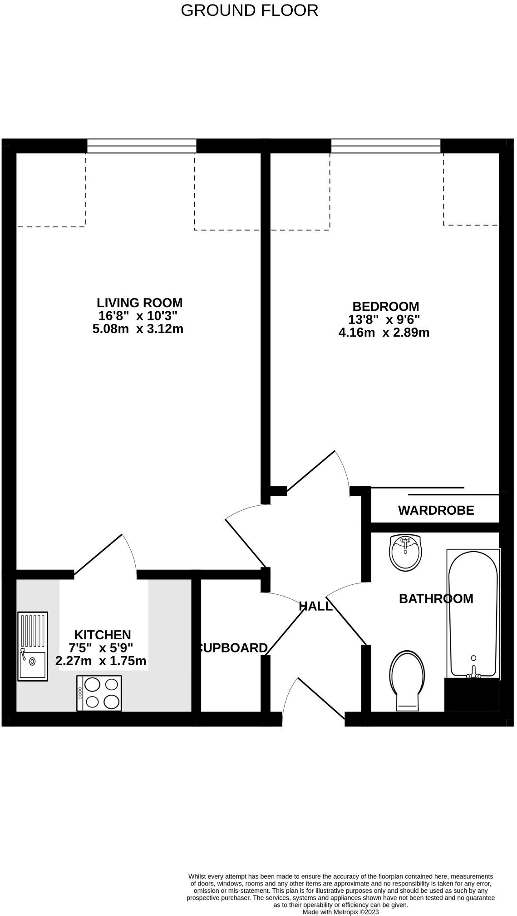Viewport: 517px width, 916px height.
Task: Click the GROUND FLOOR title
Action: (249, 10)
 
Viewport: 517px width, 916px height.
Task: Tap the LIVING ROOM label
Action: (139, 303)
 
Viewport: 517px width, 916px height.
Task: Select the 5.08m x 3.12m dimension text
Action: (138, 329)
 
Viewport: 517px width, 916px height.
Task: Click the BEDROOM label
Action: (385, 306)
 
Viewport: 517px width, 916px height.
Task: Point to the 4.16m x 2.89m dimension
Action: (384, 333)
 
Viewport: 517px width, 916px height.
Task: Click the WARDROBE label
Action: (436, 510)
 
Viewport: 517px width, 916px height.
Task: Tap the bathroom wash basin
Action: (405, 553)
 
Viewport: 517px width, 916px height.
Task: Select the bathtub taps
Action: (473, 673)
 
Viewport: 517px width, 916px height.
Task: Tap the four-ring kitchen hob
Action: (99, 693)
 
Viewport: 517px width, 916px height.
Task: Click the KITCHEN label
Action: (103, 635)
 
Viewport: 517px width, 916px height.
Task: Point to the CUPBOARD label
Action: (232, 648)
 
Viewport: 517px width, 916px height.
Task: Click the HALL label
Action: (315, 606)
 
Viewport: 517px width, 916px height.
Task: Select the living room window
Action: (141, 146)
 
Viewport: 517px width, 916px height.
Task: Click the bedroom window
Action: (385, 146)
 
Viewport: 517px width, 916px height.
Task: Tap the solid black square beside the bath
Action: (471, 696)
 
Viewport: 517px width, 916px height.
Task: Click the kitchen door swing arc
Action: (131, 552)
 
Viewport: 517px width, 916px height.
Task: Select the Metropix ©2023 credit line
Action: (340, 911)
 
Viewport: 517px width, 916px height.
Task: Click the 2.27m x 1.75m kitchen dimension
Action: (101, 661)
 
